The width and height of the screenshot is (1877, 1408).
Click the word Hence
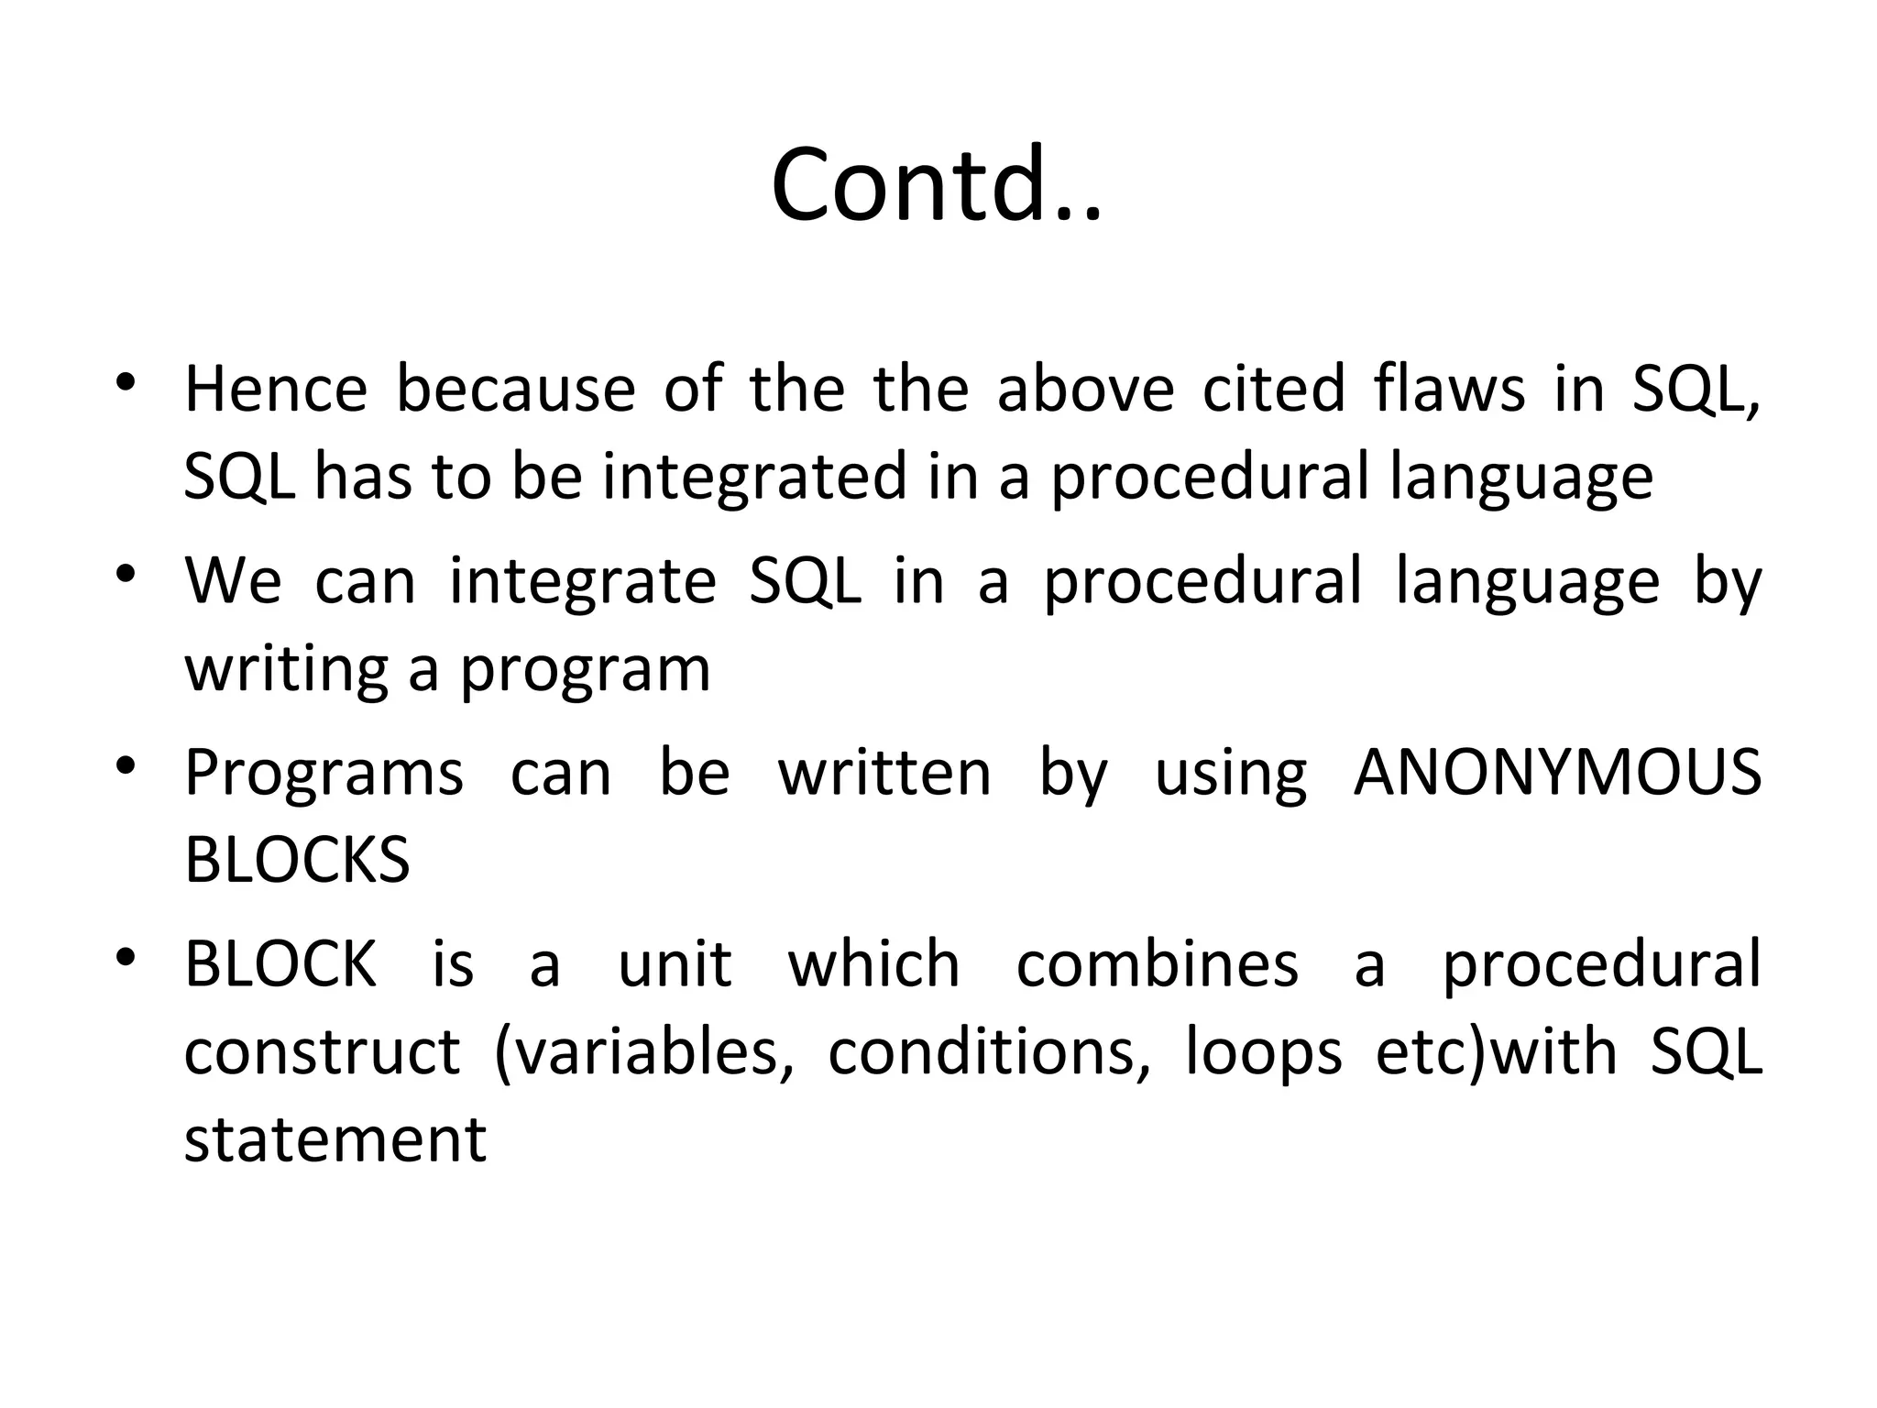coord(276,389)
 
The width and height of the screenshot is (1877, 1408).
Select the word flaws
coord(1449,389)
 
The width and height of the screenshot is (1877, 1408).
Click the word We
coord(233,581)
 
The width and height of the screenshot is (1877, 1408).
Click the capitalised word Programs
coord(324,773)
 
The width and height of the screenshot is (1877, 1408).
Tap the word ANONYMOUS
coord(1557,773)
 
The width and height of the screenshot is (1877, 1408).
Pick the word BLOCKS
coord(297,861)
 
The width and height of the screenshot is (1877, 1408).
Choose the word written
coord(884,773)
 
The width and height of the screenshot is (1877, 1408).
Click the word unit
coord(675,964)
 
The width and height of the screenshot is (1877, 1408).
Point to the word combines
coord(1157,964)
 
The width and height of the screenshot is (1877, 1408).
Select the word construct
coord(322,1052)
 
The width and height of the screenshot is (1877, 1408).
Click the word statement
coord(335,1140)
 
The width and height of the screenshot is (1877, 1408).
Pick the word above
coord(1085,389)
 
